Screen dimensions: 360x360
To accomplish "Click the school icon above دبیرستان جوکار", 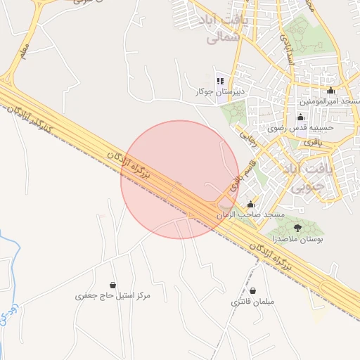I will pyautogui.click(x=220, y=81).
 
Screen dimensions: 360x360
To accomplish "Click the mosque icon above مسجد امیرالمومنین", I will pyautogui.click(x=330, y=91).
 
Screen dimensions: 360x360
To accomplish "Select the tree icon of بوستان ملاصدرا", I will pyautogui.click(x=297, y=228).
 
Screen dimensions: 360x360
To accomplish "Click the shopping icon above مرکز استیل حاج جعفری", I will pyautogui.click(x=124, y=285).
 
